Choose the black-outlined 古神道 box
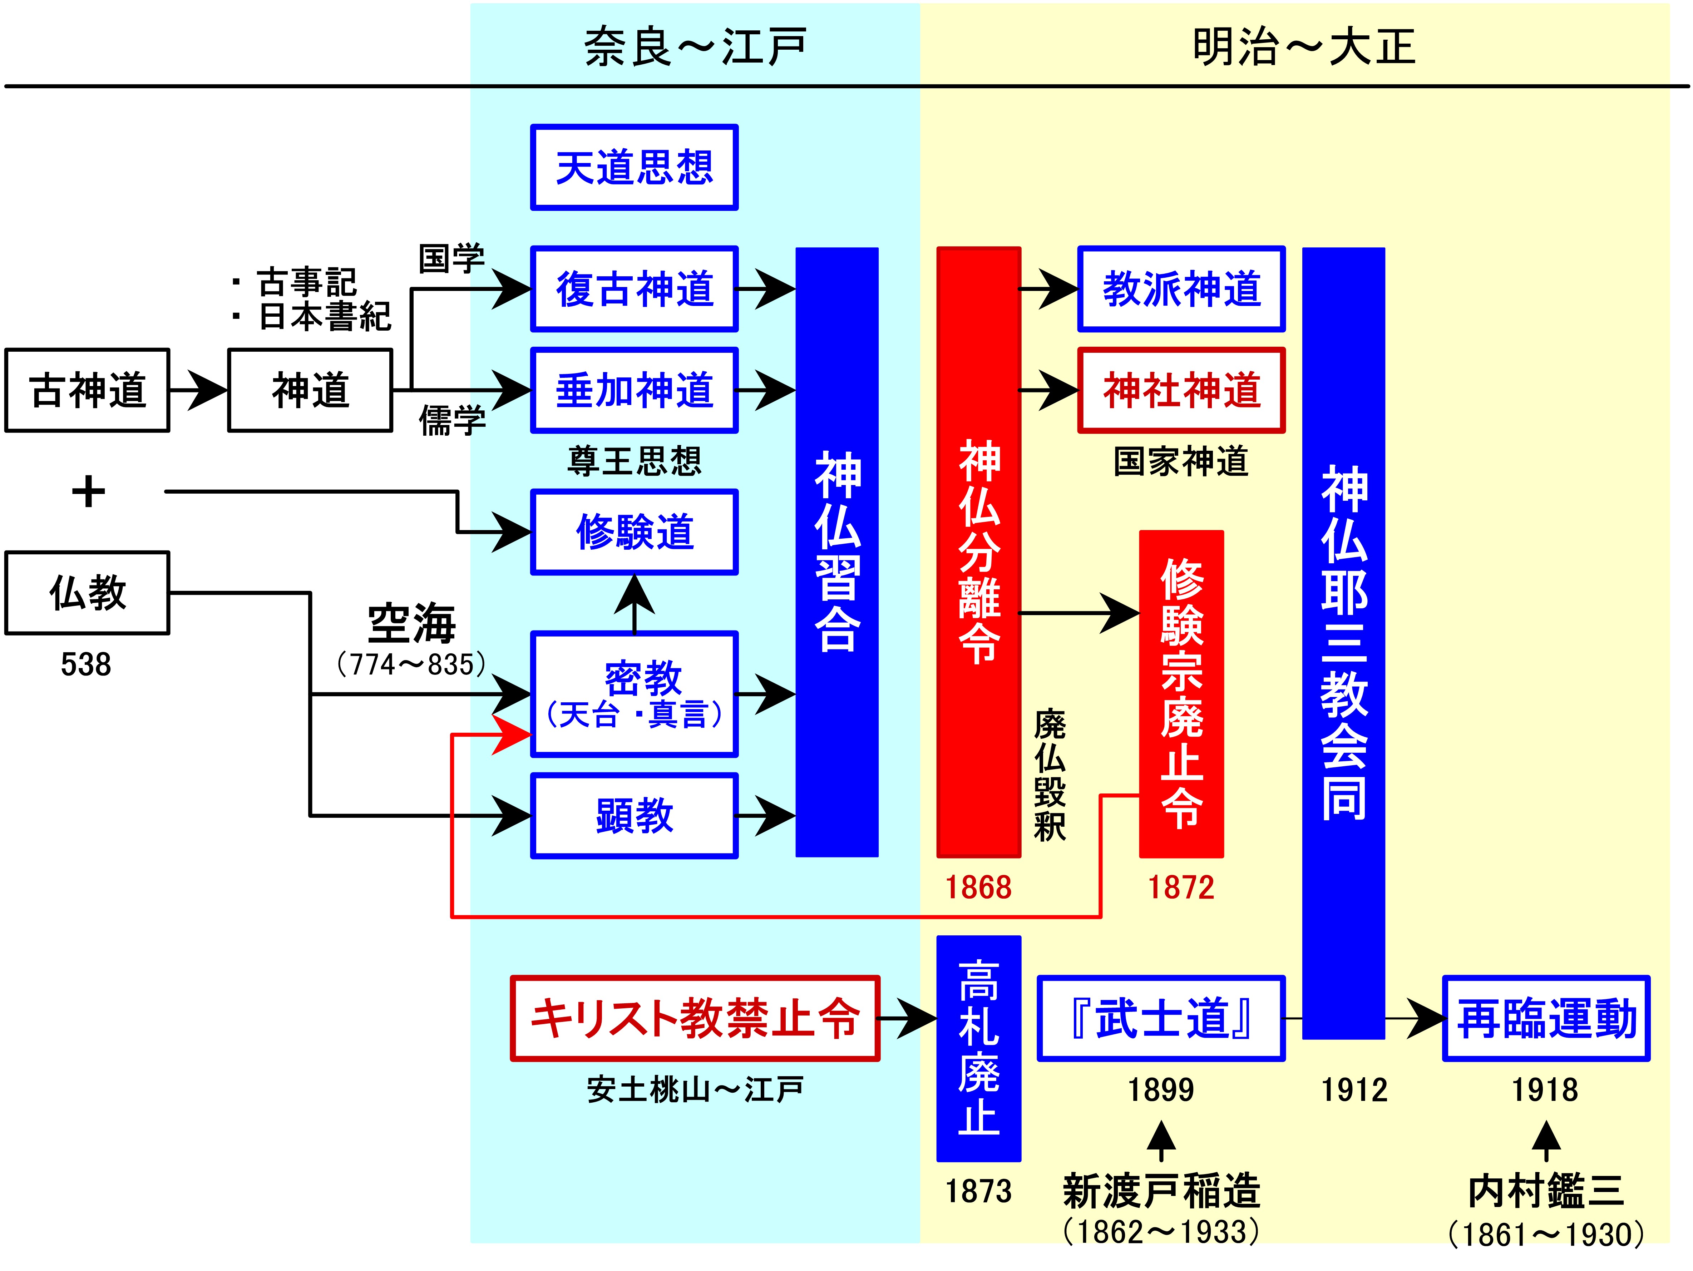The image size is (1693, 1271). click(87, 390)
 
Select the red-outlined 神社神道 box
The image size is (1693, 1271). click(1181, 390)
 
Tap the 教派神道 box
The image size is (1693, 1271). click(1181, 289)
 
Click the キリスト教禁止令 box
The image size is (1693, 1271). click(695, 1019)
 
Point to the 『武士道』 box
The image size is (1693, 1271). click(1160, 1019)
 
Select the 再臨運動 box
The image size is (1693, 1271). click(1546, 1019)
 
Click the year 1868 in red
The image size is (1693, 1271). click(978, 887)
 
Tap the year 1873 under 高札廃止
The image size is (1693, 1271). click(978, 1191)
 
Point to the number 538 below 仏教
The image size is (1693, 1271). click(86, 664)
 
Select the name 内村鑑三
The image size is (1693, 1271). click(1546, 1191)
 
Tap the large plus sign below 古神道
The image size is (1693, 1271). click(88, 491)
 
